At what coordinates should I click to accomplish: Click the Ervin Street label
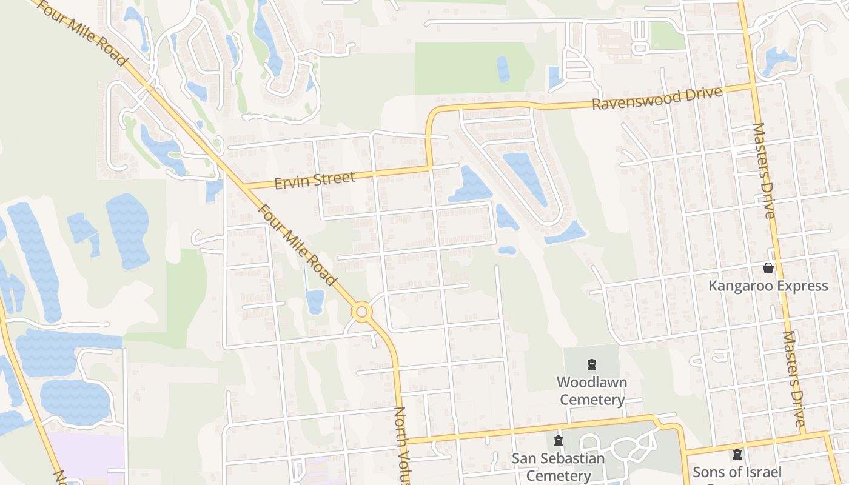[315, 179]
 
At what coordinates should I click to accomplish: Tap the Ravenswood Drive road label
[657, 98]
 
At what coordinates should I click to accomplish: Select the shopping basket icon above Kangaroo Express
[768, 268]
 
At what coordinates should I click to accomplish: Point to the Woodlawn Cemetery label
[592, 391]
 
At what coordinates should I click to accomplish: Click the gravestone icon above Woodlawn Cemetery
[591, 364]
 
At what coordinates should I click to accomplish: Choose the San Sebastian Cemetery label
[559, 467]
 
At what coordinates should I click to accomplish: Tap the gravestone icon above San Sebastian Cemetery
[559, 440]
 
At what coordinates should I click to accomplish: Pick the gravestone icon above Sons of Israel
[737, 453]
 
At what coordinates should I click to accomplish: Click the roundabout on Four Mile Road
[362, 312]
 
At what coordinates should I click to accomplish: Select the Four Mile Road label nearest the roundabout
[297, 244]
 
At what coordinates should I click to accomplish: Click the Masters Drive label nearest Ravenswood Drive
[763, 170]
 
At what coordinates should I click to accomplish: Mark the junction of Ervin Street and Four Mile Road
[245, 186]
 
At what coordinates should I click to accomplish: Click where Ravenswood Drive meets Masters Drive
[753, 85]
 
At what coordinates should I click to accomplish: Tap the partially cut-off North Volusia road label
[402, 446]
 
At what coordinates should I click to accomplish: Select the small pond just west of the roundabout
[315, 301]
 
